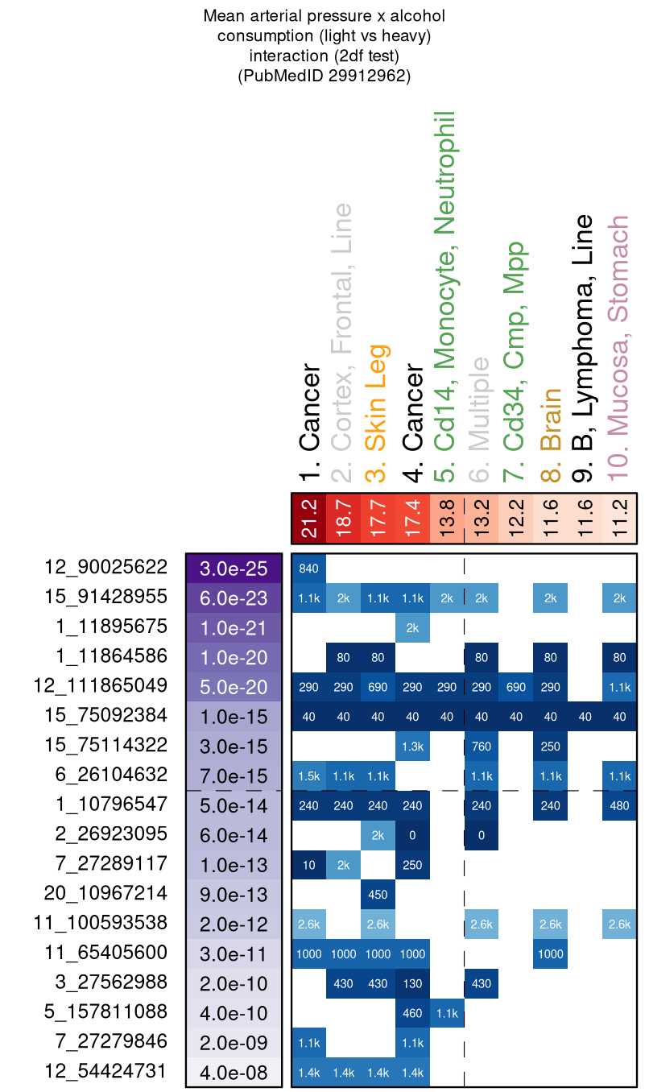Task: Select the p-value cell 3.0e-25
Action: (234, 568)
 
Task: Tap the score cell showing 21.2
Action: (308, 519)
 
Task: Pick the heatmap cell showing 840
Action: (308, 568)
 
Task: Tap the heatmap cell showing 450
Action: (378, 893)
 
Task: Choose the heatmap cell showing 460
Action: (412, 1012)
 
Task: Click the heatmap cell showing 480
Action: (620, 805)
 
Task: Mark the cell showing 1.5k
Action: (308, 776)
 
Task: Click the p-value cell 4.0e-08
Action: (234, 1072)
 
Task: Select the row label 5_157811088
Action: (105, 1011)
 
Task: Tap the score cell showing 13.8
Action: (447, 519)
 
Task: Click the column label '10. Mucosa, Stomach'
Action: (620, 348)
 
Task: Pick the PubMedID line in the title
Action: (324, 77)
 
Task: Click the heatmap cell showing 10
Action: (308, 864)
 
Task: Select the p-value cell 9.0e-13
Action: (234, 893)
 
